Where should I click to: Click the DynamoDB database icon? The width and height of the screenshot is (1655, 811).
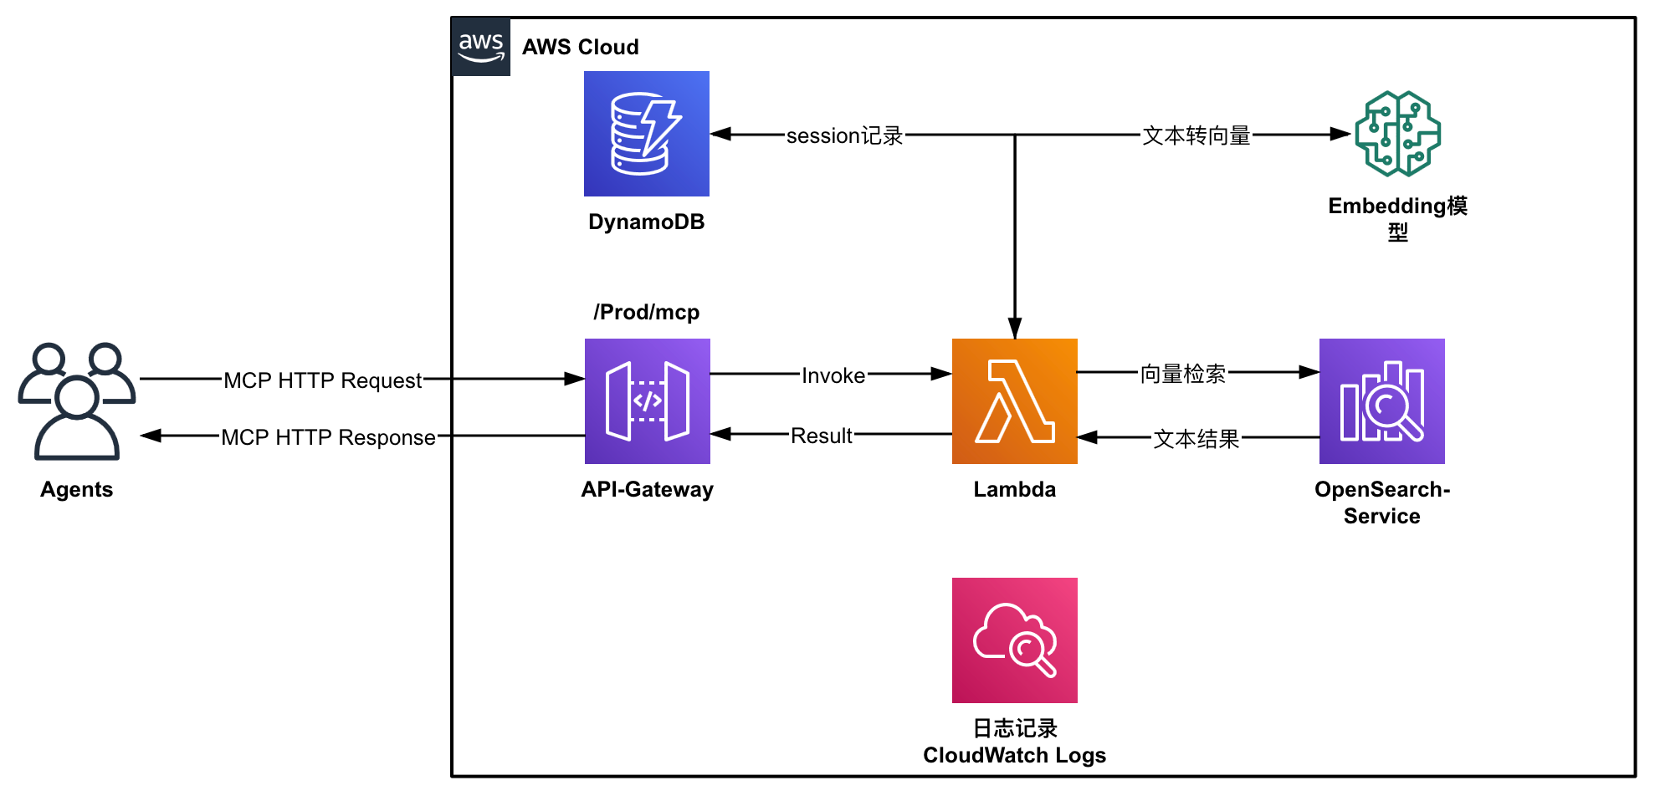646,134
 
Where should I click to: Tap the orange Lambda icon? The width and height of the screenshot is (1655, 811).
1014,401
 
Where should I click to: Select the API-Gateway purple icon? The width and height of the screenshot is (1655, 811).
647,401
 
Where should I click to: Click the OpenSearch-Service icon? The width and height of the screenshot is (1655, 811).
1381,401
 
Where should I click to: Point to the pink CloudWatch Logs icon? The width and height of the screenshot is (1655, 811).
1014,640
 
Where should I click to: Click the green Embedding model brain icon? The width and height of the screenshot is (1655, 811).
1397,134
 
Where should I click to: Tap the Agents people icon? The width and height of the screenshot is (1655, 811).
76,401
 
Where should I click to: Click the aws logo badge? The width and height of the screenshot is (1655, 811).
481,47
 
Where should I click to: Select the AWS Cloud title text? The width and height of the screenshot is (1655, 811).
580,47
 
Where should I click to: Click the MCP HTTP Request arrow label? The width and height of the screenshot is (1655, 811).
322,380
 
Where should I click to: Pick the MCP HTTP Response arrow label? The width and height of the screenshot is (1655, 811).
328,437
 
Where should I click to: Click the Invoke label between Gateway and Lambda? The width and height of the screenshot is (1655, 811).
833,375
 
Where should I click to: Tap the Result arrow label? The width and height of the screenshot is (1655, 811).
821,436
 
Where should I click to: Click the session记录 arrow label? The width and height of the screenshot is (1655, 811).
844,135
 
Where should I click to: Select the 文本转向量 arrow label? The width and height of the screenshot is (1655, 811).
1196,135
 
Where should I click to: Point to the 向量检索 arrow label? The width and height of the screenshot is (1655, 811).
1182,374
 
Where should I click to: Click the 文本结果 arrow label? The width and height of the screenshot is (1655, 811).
1196,439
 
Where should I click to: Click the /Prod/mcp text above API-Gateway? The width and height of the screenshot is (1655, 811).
646,312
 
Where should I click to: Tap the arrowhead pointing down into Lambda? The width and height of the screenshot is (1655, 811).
1014,329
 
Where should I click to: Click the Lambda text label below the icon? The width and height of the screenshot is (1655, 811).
1014,489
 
